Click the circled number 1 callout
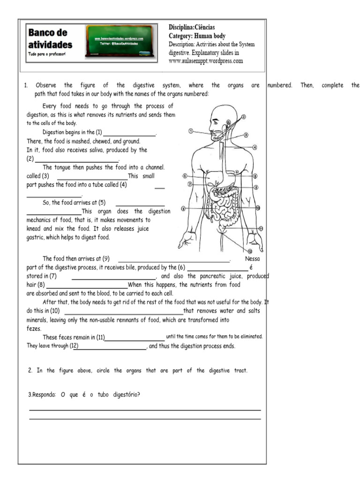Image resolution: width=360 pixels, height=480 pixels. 191,131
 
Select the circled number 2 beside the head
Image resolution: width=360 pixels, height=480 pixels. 244,117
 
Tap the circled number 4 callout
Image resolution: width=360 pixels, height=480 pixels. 255,147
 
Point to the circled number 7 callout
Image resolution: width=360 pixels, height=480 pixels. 190,184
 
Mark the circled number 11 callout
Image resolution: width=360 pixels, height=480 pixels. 261,228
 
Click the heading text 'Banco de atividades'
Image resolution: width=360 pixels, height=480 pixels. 51,39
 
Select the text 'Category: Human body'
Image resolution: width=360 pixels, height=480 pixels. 197,36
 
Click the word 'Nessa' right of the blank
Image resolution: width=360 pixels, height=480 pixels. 252,258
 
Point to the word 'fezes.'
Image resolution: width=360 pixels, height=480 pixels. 34,329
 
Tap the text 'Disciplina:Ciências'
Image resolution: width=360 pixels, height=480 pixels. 192,28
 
